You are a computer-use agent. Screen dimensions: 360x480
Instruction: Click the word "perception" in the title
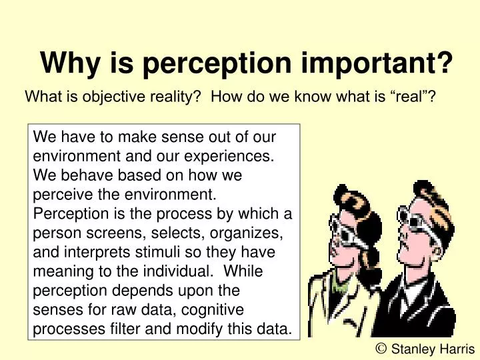pyautogui.click(x=216, y=64)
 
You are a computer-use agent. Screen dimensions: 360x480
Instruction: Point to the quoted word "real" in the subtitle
pyautogui.click(x=407, y=97)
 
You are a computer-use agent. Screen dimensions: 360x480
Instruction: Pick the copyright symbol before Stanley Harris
pyautogui.click(x=382, y=347)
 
